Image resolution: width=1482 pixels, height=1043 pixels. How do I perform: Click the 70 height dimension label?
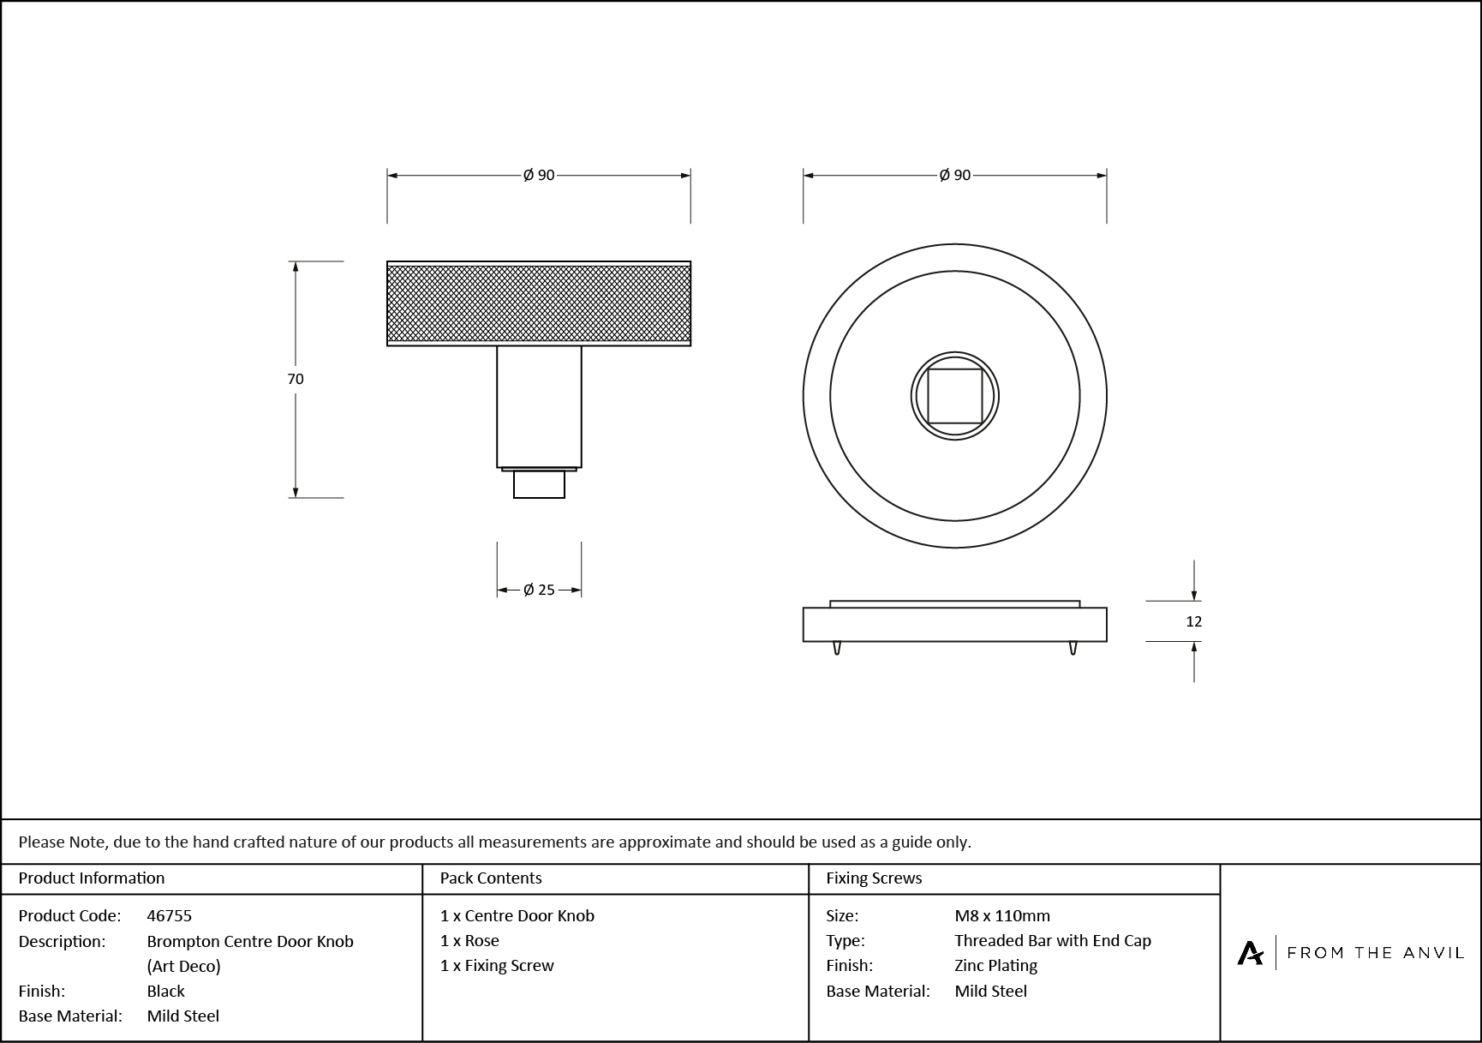coord(296,379)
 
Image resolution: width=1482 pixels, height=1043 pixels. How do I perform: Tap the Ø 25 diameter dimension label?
coord(539,590)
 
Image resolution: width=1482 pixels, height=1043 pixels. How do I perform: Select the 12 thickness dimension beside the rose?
coord(1193,621)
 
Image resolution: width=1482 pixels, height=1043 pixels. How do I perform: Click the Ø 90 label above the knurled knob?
coord(539,175)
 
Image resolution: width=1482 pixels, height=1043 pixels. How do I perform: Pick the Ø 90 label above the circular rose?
coord(954,175)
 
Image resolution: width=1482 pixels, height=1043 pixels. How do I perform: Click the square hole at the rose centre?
coord(954,396)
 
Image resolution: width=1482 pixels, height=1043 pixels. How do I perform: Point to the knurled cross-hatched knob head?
coord(539,303)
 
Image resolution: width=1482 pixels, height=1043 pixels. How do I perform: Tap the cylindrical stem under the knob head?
coord(539,406)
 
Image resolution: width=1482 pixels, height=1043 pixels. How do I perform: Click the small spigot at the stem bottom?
coord(539,484)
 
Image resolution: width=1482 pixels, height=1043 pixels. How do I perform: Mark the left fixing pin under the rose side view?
coord(837,648)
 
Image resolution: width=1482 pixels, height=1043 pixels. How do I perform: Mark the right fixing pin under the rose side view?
coord(1073,648)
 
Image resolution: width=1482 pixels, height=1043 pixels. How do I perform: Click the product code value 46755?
coord(170,915)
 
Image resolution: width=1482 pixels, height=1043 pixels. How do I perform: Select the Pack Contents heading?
coord(491,878)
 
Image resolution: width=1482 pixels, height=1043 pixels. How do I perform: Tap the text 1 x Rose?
coord(469,940)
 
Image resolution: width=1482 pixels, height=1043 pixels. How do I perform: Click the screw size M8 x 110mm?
coord(1002,915)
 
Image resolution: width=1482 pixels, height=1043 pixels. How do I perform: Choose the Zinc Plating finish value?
coord(995,965)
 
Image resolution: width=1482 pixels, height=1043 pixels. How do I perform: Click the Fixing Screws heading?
coord(874,878)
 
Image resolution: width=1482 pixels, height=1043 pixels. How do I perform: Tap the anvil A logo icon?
coord(1250,953)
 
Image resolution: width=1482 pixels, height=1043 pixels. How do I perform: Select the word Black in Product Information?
coord(166,991)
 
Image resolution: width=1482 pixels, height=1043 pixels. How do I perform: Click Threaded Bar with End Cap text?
coord(1053,940)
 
